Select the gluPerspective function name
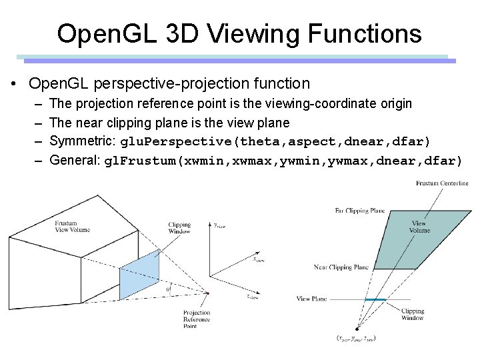pos(177,141)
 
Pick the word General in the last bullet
pos(72,161)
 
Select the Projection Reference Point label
pos(197,319)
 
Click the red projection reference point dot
pos(207,293)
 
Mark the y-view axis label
pos(221,226)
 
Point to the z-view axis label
pos(252,297)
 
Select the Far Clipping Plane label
pos(359,211)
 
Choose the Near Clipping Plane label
pos(341,267)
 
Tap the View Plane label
pos(311,299)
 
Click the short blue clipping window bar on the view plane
pos(375,300)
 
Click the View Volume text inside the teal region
pos(420,227)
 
